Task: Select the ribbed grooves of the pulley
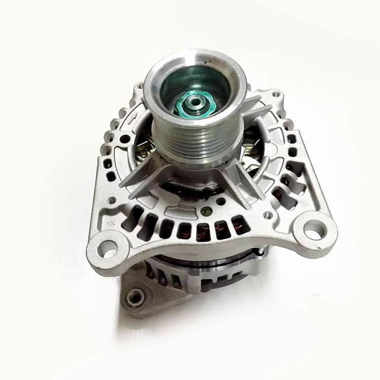pyautogui.click(x=195, y=144)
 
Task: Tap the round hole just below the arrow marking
pyautogui.click(x=124, y=138)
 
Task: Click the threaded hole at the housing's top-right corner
pyautogui.click(x=276, y=94)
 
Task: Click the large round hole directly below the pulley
pyautogui.click(x=207, y=210)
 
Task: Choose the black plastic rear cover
pyautogui.click(x=223, y=276)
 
